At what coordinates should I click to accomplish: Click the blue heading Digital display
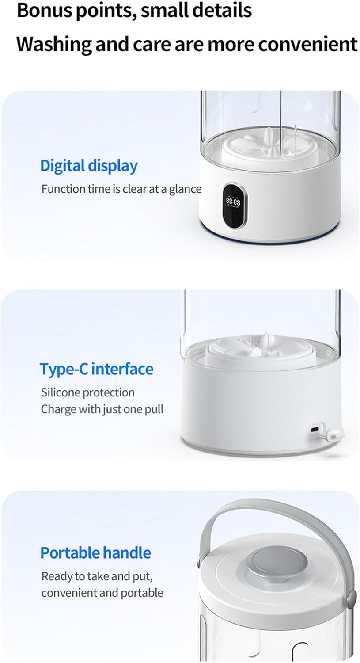click(89, 166)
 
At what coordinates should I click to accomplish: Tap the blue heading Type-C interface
click(97, 369)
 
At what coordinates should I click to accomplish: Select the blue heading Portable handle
click(95, 552)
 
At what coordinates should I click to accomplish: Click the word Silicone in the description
click(60, 392)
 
